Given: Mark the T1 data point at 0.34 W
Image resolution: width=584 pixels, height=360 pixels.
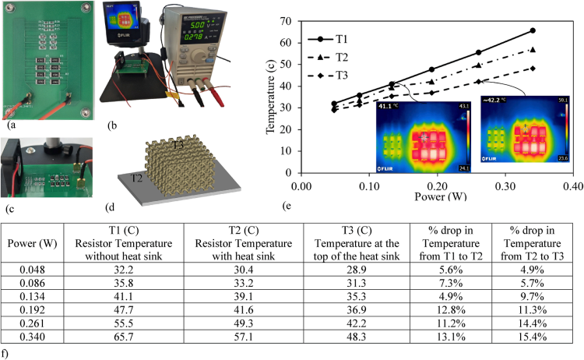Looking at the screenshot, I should tap(533, 30).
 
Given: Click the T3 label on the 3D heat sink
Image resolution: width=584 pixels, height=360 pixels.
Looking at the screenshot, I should tap(178, 144).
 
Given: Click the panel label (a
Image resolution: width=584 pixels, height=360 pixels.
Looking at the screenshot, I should tap(11, 123).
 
